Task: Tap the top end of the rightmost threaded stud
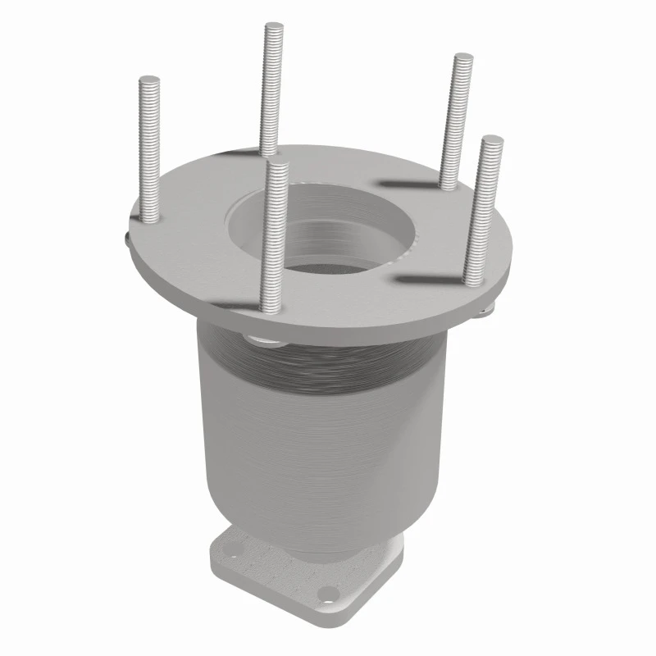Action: (490, 140)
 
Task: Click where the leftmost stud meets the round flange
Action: (151, 218)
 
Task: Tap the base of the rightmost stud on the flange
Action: (476, 281)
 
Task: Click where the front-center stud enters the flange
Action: (270, 307)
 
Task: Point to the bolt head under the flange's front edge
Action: (261, 338)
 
